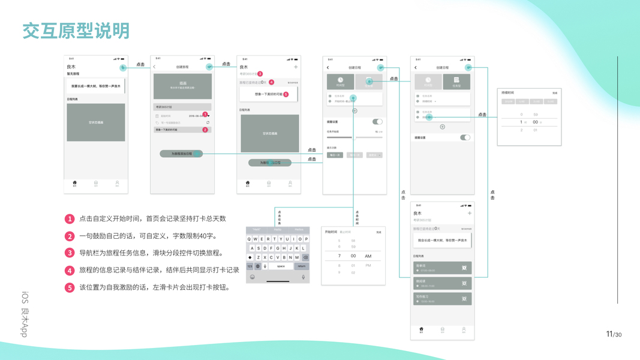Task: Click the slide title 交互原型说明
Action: [76, 31]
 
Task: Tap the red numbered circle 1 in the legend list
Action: [70, 219]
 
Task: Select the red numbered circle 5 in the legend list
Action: [70, 287]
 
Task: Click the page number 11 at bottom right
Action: [609, 334]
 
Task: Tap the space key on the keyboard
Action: [280, 266]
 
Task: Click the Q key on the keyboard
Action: [250, 239]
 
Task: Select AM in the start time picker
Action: [368, 256]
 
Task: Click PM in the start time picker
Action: [368, 265]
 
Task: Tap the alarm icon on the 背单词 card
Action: [464, 268]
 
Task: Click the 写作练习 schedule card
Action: [441, 299]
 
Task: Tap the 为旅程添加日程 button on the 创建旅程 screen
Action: [181, 154]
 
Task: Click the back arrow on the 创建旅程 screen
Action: [155, 67]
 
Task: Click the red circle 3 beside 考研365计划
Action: [260, 74]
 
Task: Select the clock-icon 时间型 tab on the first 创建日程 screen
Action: [340, 82]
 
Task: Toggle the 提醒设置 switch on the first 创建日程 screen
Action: [377, 122]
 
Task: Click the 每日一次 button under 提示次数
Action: [335, 155]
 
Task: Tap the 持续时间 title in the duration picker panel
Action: [507, 93]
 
